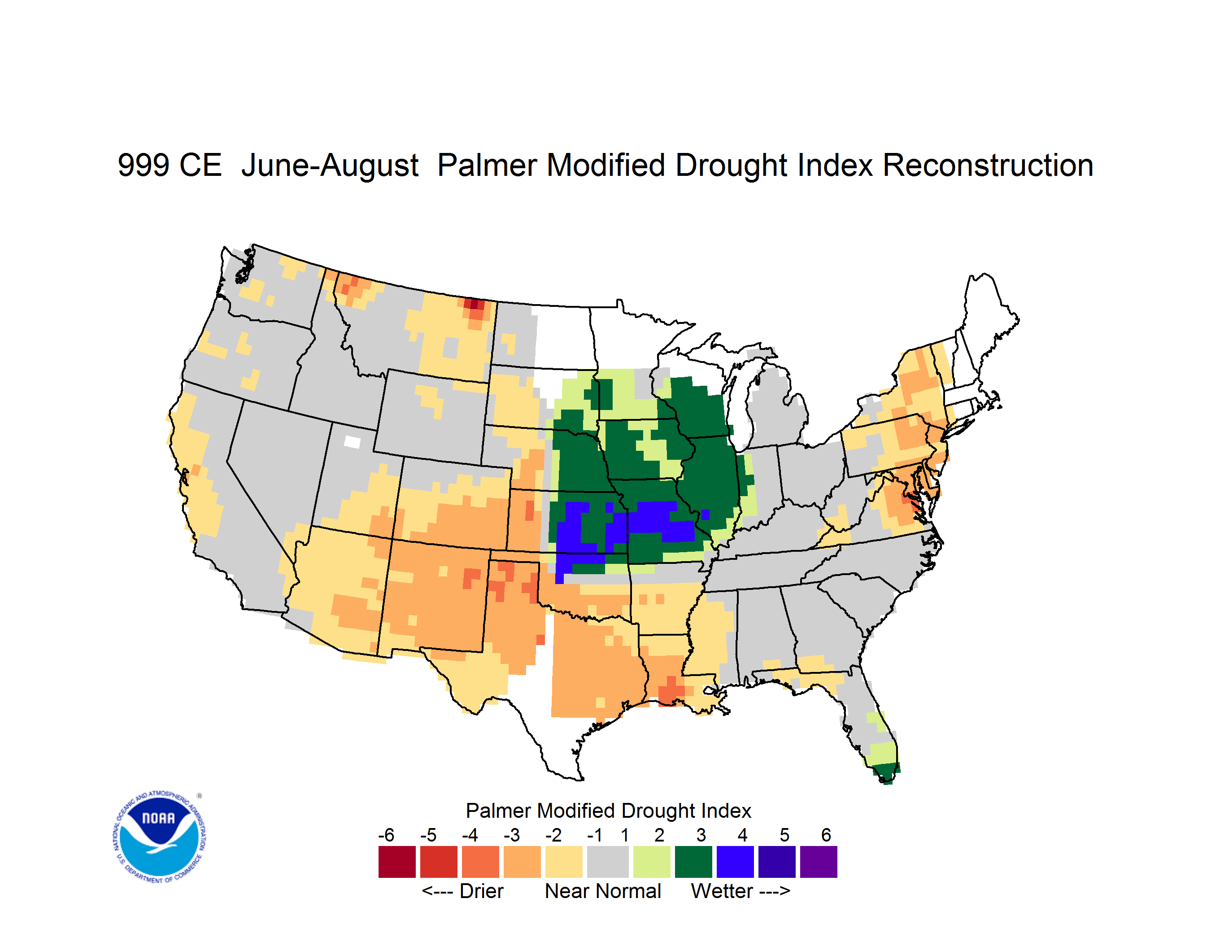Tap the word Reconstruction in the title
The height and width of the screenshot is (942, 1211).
pos(988,165)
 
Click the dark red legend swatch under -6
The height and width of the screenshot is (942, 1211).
pos(397,862)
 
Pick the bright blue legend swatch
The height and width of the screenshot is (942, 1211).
pos(735,862)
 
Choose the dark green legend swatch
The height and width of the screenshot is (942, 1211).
pos(693,862)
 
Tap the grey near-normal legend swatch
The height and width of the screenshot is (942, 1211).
pos(608,862)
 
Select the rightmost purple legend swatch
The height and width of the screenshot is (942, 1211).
pos(819,862)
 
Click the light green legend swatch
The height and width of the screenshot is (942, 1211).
pos(652,862)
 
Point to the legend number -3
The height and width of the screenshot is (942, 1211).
pos(511,835)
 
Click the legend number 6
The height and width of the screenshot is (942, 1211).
pos(826,835)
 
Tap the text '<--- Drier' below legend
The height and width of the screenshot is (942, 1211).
pos(462,891)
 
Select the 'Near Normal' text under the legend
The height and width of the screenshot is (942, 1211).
pos(603,891)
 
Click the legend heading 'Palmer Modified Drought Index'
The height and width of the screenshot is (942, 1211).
pos(608,811)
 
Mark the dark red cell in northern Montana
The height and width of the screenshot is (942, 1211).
pos(474,304)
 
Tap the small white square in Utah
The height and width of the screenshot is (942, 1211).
pos(352,441)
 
